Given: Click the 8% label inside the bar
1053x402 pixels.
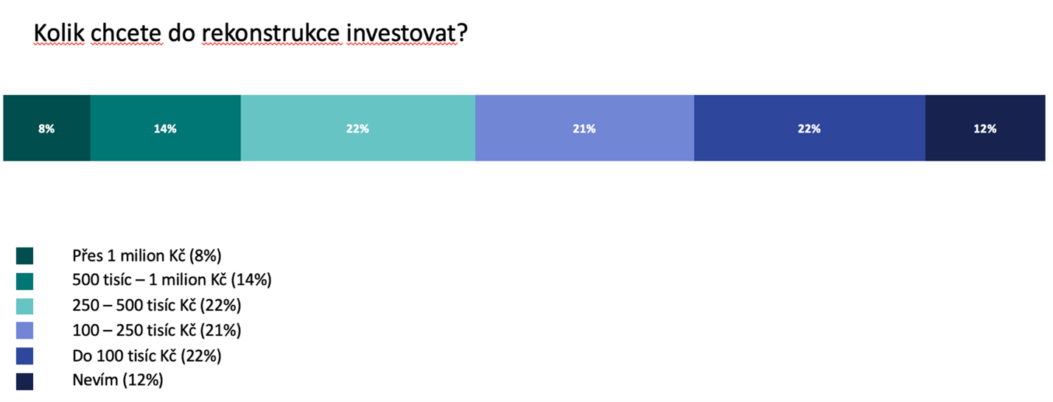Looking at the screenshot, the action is pos(46,129).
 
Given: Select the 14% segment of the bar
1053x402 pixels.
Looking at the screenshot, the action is pos(166,128).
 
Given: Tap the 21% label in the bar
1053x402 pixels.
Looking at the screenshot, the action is pos(584,129).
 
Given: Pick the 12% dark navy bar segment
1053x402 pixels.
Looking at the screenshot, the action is pos(985,128).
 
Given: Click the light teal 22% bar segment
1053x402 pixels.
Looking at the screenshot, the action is pos(357,128).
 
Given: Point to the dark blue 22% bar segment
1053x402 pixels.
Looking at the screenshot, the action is pos(810,128).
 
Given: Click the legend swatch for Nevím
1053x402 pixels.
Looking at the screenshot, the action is pos(25,381).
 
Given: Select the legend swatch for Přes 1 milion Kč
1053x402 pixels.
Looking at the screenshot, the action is pos(25,256).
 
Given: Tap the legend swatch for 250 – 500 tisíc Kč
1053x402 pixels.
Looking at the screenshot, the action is pos(25,306).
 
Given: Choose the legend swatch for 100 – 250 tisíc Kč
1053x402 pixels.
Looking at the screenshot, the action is pos(25,331).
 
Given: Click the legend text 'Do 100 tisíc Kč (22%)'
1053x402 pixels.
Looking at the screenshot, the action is pos(147,356).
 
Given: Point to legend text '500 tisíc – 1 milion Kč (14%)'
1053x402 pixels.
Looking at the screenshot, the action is pos(172,280).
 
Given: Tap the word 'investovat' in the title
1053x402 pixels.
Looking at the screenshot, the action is pos(402,33).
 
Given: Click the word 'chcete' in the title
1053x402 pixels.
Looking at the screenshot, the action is pos(127,33).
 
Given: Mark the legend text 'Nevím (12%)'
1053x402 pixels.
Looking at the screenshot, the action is pos(117,380).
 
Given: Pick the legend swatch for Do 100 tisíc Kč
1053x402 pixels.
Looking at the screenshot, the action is pos(25,356).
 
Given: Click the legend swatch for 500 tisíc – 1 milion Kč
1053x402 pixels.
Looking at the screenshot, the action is pos(25,281).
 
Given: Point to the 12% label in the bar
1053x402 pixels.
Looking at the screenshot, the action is pos(984,129).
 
